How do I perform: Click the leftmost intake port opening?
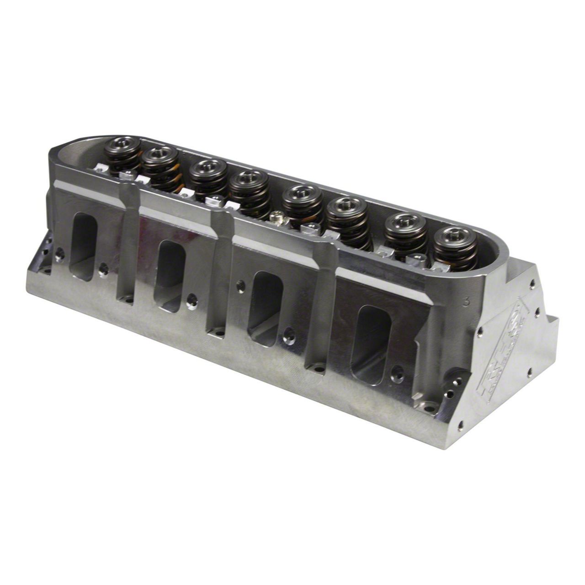84,246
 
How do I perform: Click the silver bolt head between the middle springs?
276,218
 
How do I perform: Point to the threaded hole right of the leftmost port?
104,270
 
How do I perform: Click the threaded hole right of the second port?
192,300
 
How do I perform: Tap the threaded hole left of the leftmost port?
59,254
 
